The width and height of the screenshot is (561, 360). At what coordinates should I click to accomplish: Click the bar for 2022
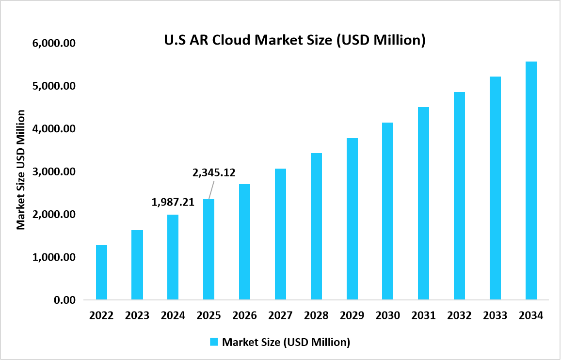101,272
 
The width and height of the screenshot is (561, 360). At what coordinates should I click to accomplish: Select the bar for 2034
531,181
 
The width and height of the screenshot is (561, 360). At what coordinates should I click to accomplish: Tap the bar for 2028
316,226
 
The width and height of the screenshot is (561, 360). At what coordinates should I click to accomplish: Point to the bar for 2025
208,250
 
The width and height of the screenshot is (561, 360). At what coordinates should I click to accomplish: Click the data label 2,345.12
213,172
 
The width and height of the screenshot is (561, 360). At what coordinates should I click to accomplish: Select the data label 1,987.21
173,203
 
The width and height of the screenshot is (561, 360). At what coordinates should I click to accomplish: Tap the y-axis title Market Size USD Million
21,170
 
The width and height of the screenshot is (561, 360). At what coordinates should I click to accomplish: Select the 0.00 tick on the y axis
64,300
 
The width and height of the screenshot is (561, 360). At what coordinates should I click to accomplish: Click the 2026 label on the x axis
244,315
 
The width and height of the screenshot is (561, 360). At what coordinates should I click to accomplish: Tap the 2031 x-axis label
423,315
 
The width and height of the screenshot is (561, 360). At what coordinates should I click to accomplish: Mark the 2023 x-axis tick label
137,315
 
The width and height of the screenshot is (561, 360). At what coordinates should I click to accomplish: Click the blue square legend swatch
214,342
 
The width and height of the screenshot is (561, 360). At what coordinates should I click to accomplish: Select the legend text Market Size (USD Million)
286,342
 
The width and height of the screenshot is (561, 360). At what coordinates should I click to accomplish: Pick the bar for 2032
459,196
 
